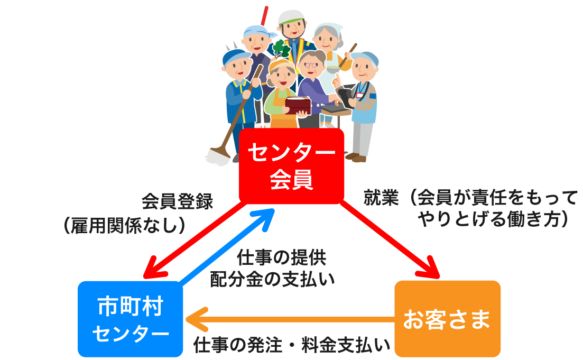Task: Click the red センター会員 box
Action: coord(291,166)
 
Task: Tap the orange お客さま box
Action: coord(447,319)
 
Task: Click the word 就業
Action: coord(378,198)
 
